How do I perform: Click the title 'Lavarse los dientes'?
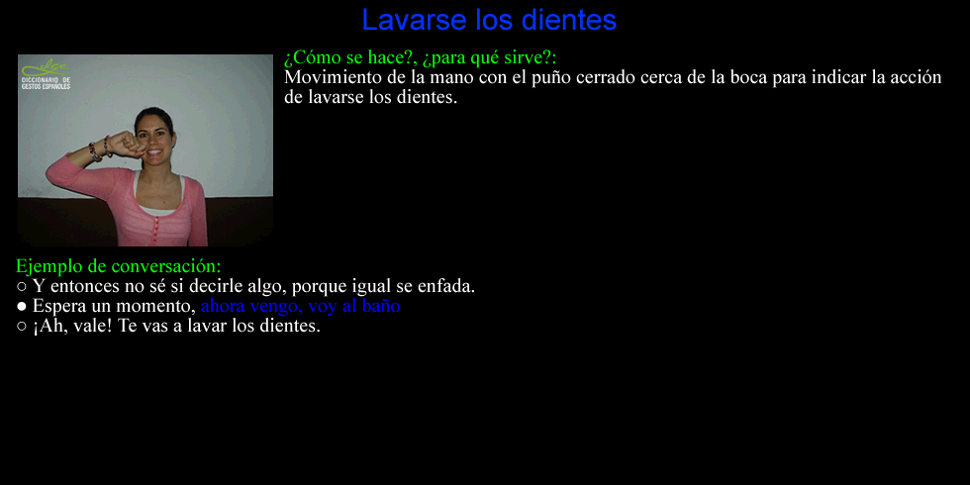click(489, 20)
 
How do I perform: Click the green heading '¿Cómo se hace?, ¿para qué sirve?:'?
click(420, 57)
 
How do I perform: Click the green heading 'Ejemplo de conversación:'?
click(118, 266)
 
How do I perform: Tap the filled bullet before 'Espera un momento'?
click(22, 307)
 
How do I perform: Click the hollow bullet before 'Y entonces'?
click(22, 287)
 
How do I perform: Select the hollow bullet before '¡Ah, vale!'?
click(22, 327)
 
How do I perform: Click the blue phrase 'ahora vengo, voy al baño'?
click(301, 306)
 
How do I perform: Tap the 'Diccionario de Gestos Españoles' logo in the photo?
click(46, 75)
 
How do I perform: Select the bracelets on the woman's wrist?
click(99, 148)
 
